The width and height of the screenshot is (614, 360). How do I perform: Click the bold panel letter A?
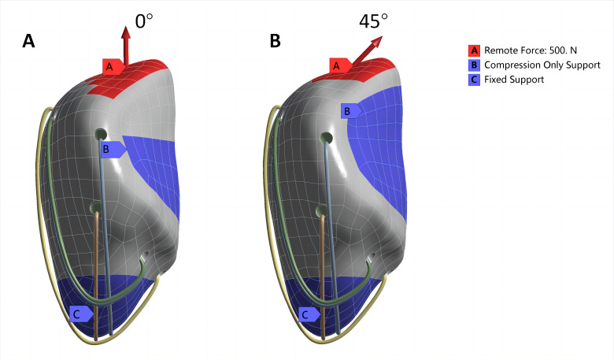[28, 42]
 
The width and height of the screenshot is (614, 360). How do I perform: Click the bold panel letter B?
[275, 42]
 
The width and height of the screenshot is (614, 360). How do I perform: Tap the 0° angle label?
[143, 21]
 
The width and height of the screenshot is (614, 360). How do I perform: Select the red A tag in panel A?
[110, 67]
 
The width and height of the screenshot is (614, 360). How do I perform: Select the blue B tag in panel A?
[111, 148]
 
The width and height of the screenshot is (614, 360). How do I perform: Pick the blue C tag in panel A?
[79, 314]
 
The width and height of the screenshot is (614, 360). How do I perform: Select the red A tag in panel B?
[338, 66]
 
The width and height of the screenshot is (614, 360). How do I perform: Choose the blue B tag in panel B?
[349, 111]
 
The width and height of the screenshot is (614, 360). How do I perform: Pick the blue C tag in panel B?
[307, 314]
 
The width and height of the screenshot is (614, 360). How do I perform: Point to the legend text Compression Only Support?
[542, 65]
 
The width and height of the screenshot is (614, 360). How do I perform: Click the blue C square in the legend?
[474, 80]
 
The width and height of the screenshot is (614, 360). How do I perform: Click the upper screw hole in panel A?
[101, 134]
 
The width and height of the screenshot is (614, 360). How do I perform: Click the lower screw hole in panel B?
[322, 210]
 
